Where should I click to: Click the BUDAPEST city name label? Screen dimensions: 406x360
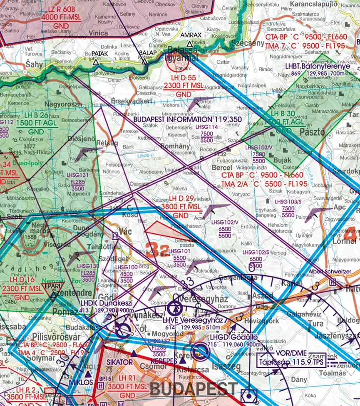[x=194, y=389]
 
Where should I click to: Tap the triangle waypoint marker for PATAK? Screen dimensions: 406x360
[x=96, y=62]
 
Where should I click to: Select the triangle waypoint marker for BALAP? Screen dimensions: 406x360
[x=144, y=62]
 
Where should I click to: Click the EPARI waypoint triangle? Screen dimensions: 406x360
[x=53, y=296]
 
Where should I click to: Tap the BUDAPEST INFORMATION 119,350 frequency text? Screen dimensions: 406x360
[x=188, y=119]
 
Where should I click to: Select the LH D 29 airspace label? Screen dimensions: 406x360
[x=181, y=199]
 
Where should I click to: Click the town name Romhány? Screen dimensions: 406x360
[x=176, y=146]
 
